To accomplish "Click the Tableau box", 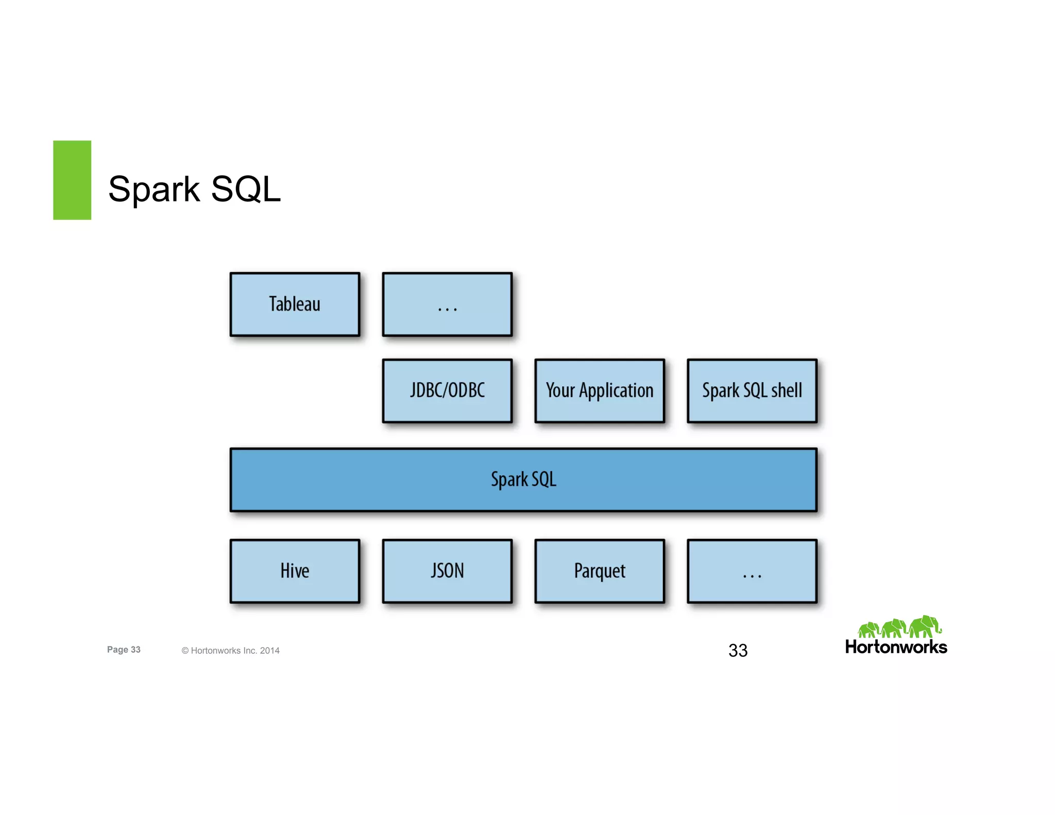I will pyautogui.click(x=295, y=304).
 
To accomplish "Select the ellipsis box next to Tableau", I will pyautogui.click(x=447, y=304).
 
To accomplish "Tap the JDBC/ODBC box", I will pyautogui.click(x=447, y=390).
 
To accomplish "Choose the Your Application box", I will pyautogui.click(x=600, y=390).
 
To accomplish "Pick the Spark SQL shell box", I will pyautogui.click(x=752, y=390).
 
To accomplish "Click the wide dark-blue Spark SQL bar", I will pyautogui.click(x=523, y=480).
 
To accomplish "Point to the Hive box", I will pyautogui.click(x=295, y=571).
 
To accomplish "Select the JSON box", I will pyautogui.click(x=447, y=571).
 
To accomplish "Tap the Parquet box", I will pyautogui.click(x=600, y=571).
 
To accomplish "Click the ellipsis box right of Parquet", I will pyautogui.click(x=752, y=571).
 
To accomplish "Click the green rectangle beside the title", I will pyautogui.click(x=72, y=180).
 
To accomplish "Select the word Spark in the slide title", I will pyautogui.click(x=154, y=190).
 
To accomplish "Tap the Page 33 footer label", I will pyautogui.click(x=124, y=650).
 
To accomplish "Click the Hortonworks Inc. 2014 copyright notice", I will pyautogui.click(x=230, y=651).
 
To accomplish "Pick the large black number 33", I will pyautogui.click(x=738, y=651).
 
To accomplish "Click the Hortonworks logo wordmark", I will pyautogui.click(x=896, y=648).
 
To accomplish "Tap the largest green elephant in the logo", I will pyautogui.click(x=925, y=626).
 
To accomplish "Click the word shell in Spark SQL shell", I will pyautogui.click(x=786, y=390).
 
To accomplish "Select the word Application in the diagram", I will pyautogui.click(x=616, y=391).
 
